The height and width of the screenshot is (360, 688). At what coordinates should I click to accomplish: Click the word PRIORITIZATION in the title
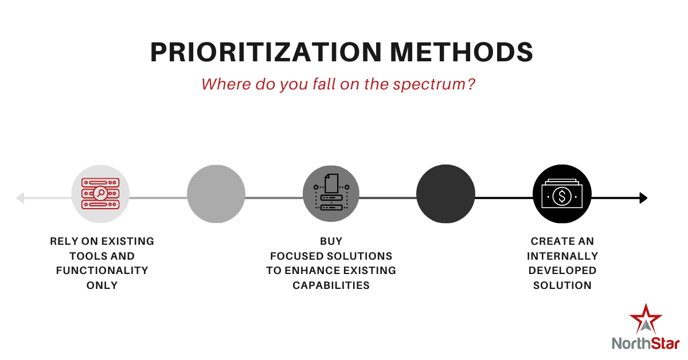coord(266,52)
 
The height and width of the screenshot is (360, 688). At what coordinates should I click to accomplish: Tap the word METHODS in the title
coord(462,52)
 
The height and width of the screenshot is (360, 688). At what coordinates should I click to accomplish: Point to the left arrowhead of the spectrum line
coord(20,198)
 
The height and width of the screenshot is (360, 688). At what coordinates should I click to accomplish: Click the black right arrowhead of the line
coord(643,198)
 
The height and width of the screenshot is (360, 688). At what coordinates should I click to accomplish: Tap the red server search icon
coord(100,194)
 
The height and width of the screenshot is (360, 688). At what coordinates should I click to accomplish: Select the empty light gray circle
coord(216,194)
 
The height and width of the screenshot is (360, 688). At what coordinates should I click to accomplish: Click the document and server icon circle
coord(331,194)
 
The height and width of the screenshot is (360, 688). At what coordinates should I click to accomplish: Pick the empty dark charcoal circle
coord(445,194)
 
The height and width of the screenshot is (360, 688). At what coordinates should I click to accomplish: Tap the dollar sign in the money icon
coord(562,196)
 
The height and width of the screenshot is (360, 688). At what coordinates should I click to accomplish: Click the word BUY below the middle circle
coord(331,241)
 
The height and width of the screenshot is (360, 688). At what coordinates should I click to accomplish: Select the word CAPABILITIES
coord(331,285)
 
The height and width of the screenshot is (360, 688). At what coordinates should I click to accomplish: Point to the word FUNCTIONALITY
coord(102,271)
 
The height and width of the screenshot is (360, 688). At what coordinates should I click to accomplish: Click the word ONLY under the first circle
coord(102,285)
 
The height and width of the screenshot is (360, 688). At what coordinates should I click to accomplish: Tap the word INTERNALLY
coord(562,256)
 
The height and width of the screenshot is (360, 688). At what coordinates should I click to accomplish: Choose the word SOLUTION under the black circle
coord(562,285)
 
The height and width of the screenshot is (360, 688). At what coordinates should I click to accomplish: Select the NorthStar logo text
coord(646,343)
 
